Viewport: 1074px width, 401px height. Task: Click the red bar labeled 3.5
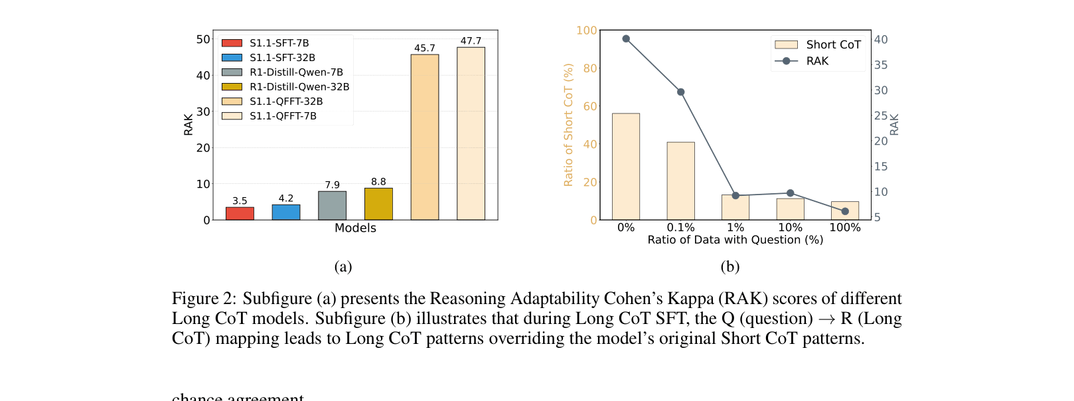[240, 213]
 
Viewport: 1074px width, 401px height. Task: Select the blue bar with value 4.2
[286, 212]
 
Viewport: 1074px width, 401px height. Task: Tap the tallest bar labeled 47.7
[471, 133]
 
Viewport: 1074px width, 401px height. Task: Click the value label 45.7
[424, 48]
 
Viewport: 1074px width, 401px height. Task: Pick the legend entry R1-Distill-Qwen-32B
[299, 87]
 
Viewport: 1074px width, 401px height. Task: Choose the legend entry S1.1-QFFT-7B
[283, 116]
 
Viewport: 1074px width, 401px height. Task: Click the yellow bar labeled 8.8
[378, 204]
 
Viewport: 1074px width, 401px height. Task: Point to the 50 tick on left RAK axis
[203, 39]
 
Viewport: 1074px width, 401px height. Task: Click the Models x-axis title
[355, 228]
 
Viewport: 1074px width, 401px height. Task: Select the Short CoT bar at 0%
[626, 166]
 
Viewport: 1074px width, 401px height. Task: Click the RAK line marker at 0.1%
[680, 92]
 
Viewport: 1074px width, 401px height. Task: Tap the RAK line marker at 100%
[845, 211]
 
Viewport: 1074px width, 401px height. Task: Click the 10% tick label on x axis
[790, 228]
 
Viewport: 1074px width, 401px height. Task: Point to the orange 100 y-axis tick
[586, 31]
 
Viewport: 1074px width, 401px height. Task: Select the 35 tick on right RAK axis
[881, 65]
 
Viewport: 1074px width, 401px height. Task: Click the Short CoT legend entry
[832, 44]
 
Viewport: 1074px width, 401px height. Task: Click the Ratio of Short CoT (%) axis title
[568, 125]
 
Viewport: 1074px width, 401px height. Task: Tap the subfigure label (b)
[729, 267]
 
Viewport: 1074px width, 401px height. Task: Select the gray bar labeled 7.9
[332, 205]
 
